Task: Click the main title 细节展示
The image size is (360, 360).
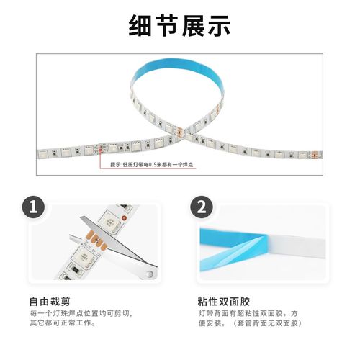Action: point(179,27)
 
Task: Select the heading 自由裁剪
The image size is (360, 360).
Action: point(50,301)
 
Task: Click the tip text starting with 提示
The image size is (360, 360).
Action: point(151,165)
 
